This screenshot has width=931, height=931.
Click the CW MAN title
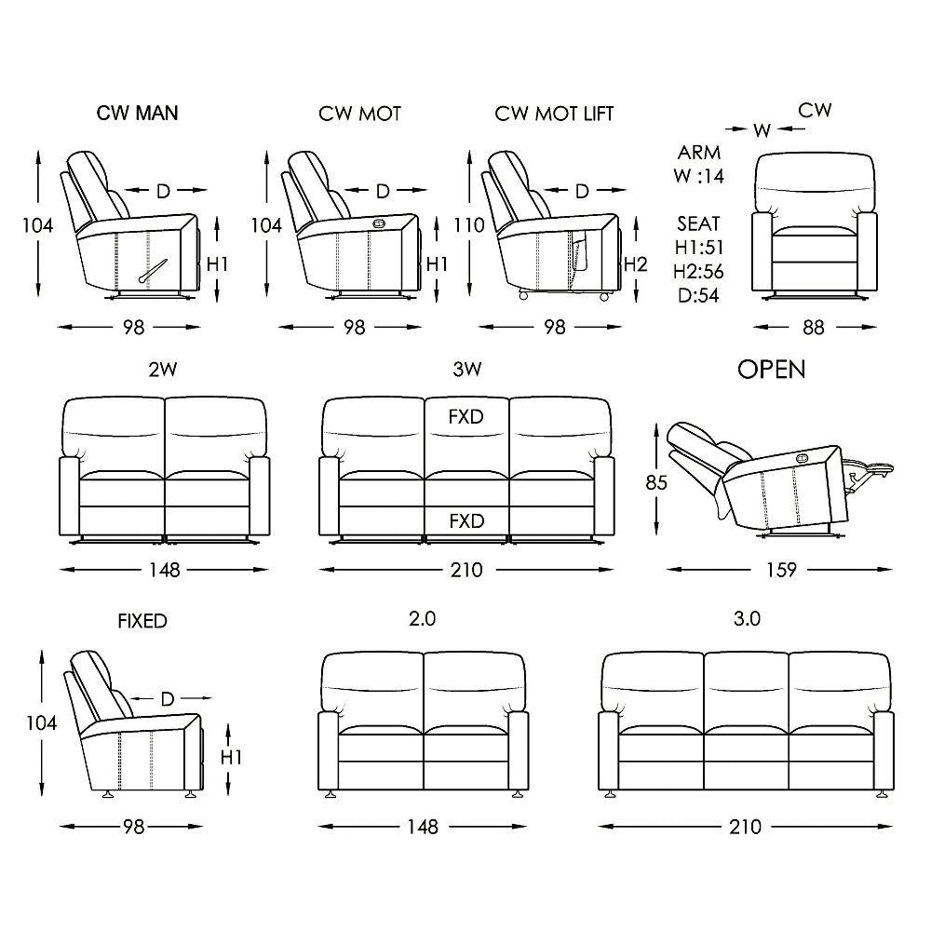coord(137,114)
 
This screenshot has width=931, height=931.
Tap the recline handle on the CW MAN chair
coord(154,269)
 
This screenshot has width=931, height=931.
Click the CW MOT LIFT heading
coord(554,114)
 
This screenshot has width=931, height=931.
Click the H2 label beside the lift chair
coord(635,263)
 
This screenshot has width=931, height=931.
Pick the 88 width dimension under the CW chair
coord(814,327)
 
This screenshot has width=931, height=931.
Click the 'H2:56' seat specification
coord(698,272)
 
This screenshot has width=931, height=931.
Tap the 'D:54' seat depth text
coord(698,296)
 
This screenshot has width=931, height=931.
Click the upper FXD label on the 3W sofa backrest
coord(465,416)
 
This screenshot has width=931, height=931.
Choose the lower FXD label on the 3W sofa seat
coord(465,520)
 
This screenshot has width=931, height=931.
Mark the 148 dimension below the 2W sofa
coord(164,569)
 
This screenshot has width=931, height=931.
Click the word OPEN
coord(771,370)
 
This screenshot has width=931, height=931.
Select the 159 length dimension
coord(780,569)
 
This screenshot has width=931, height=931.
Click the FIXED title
coord(142,621)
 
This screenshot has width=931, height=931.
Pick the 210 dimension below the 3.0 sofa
coord(745,826)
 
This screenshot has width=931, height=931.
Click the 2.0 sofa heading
coord(423,618)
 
